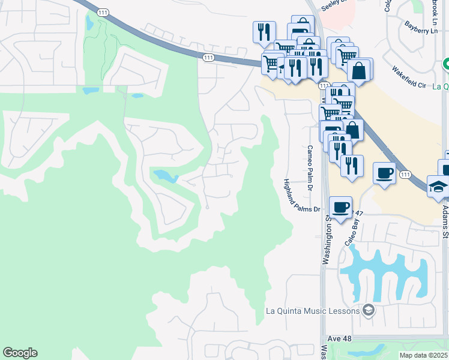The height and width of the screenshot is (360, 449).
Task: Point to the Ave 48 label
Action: pos(339,339)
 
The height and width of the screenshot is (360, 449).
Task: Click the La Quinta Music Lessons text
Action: pos(313,311)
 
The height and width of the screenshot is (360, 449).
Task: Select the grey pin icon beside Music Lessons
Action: pos(369,311)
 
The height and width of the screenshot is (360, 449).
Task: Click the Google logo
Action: pos(20,353)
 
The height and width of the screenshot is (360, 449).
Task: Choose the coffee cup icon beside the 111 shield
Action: pos(384,174)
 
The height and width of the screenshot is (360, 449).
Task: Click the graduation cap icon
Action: pos(438,187)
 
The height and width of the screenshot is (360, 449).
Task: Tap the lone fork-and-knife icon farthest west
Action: pos(264,31)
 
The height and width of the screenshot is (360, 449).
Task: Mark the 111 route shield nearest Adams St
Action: pos(406,174)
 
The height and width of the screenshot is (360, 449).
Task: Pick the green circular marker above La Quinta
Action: pos(446,64)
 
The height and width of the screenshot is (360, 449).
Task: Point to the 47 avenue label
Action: pos(359,213)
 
